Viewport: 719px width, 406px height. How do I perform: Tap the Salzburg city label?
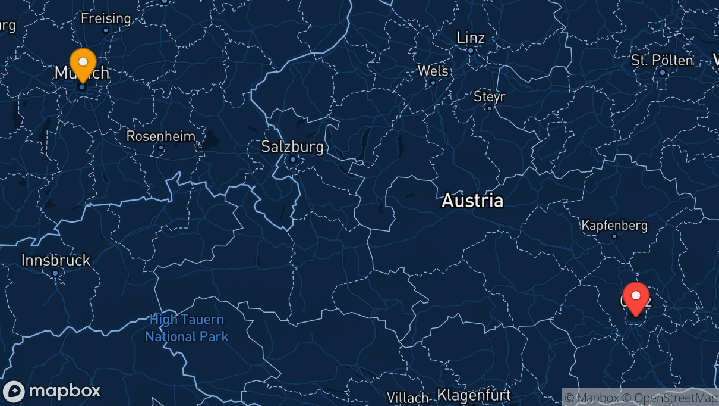point(292,146)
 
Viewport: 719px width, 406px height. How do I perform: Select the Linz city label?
point(471,38)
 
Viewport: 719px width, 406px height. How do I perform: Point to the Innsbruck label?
point(56,260)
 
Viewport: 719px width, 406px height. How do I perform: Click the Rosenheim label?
point(160,136)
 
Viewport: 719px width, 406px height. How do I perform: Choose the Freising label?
point(106,18)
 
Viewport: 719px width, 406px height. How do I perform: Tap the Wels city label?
point(433,71)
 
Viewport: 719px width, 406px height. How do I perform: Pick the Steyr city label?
point(490,96)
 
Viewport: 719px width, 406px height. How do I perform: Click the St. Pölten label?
point(662,60)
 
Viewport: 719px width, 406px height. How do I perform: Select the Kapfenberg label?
point(614,226)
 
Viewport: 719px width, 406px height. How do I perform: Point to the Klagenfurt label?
point(474,395)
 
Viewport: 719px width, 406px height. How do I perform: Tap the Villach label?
point(408,397)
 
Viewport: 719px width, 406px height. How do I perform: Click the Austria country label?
point(472,201)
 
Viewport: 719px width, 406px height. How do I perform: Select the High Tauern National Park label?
point(187,328)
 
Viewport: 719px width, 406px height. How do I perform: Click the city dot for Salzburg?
point(292,160)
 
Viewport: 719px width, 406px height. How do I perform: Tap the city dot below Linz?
point(470,51)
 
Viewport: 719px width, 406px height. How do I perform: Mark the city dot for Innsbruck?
point(55,273)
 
